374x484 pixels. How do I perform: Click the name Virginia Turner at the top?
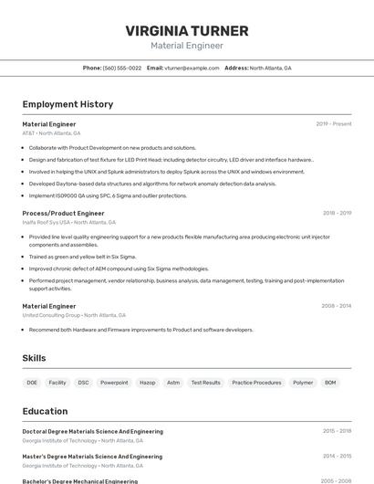click(186, 30)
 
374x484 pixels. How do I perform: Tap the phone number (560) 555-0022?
click(122, 68)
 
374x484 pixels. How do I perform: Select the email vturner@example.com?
click(192, 68)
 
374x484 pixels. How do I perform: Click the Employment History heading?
click(68, 104)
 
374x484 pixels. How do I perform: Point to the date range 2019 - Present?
click(334, 124)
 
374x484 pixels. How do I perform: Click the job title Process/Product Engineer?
click(63, 213)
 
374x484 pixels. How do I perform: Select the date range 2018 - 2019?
click(337, 213)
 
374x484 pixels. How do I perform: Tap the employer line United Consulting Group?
click(74, 315)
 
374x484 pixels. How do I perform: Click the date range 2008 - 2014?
click(337, 306)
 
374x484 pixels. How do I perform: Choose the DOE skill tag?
click(32, 383)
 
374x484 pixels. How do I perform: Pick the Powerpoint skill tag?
click(114, 383)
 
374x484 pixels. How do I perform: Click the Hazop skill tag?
click(147, 383)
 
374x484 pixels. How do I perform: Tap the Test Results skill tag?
click(205, 383)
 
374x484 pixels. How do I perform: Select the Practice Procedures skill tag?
click(256, 383)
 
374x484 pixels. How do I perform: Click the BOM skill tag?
click(330, 383)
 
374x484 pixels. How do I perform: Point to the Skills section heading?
click(34, 359)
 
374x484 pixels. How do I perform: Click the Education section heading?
click(45, 411)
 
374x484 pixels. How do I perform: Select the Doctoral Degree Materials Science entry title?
click(92, 431)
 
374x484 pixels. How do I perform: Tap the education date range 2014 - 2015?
click(337, 456)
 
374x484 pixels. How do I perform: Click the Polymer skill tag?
click(303, 383)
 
